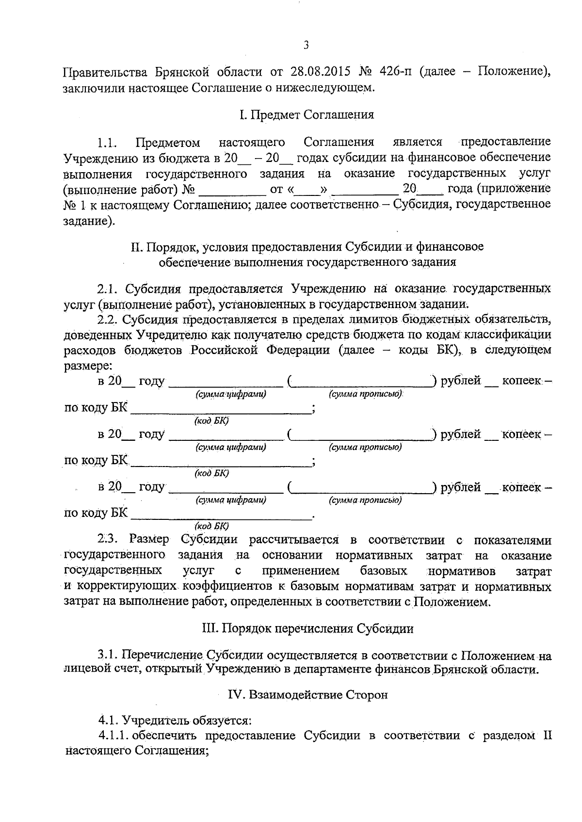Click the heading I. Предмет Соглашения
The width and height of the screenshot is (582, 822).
tap(306, 115)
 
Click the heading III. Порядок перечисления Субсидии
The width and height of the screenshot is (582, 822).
tap(307, 629)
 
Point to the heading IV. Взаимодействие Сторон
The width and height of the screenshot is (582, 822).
tap(308, 695)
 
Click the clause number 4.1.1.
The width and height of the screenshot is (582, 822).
tap(113, 735)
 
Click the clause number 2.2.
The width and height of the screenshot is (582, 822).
tap(107, 319)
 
